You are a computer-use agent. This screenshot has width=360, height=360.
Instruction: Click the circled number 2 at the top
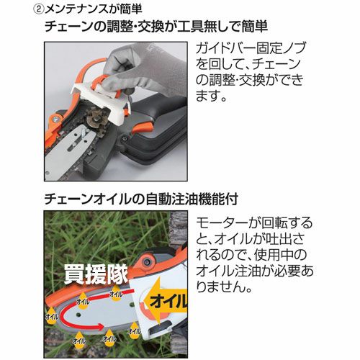point(39,9)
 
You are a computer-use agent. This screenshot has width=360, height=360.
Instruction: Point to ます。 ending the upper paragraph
point(211,96)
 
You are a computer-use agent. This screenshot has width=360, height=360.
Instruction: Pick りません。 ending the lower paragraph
point(224,287)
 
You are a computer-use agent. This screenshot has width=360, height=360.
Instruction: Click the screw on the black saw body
point(124,138)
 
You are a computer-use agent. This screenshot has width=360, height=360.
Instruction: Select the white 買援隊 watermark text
point(96,274)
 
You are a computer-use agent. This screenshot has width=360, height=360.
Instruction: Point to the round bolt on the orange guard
point(146,262)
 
